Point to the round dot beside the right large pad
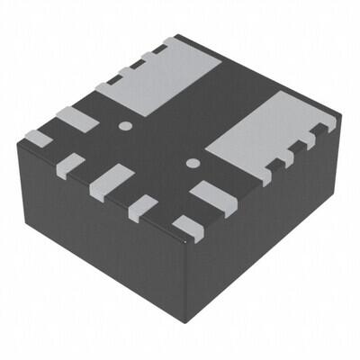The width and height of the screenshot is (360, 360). point(192,163)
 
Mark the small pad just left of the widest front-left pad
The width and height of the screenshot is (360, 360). point(70,164)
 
